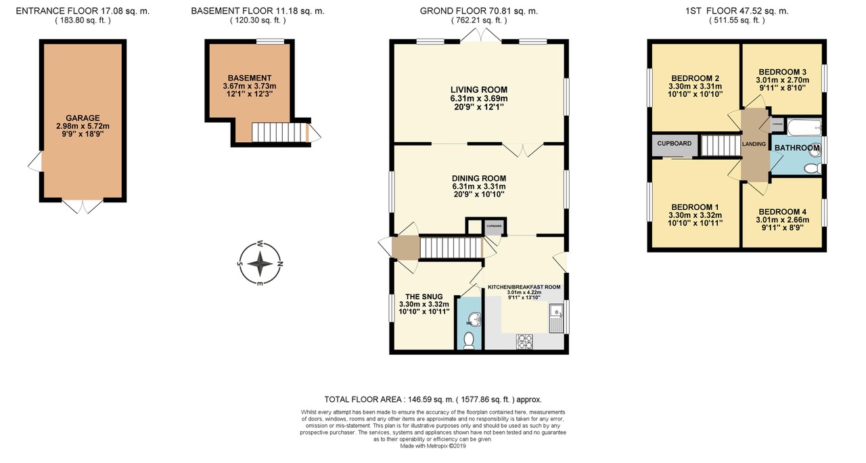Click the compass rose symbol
260,263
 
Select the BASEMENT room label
249,78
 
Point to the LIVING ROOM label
479,89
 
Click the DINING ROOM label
479,178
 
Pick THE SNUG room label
424,296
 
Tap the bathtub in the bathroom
796,127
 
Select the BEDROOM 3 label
782,72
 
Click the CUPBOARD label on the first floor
675,144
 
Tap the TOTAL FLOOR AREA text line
433,400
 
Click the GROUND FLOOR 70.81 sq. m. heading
479,11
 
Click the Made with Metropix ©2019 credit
433,445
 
